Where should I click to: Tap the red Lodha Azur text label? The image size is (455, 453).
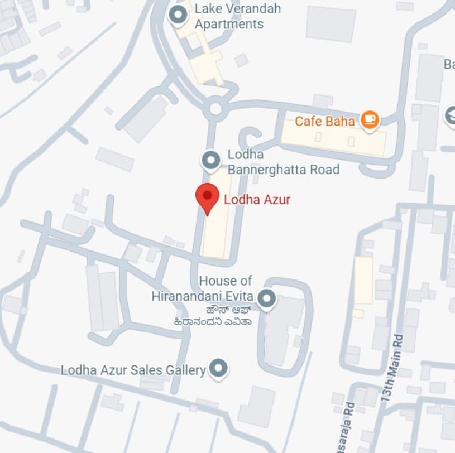(257, 200)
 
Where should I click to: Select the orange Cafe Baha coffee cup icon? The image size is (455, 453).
(370, 119)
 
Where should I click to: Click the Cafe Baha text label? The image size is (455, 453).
(324, 121)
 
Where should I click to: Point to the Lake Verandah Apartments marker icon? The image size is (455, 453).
(179, 16)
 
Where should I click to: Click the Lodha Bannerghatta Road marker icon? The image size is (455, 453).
(210, 161)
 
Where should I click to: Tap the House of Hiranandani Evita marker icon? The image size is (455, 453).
(267, 298)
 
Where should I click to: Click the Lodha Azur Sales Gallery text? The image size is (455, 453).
(133, 369)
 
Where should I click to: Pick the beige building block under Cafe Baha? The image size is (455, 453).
(333, 137)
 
